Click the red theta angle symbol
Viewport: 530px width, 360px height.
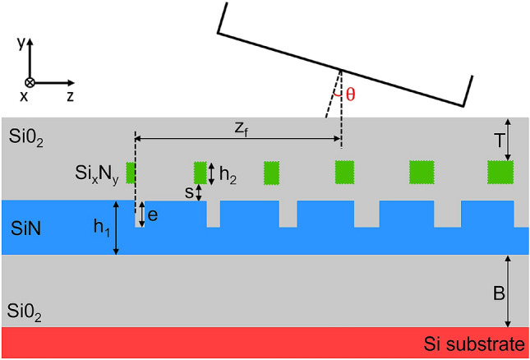351,94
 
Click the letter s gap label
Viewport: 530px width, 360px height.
188,192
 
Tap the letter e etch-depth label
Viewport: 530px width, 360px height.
153,215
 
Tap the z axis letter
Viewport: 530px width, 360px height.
71,96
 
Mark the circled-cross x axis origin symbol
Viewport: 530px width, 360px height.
30,82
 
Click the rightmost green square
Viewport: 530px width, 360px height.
500,173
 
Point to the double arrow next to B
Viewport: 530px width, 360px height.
507,290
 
